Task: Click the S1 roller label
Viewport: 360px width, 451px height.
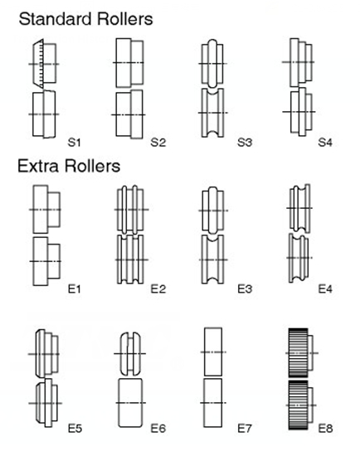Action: (x=74, y=143)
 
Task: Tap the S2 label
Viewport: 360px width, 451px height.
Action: (x=158, y=143)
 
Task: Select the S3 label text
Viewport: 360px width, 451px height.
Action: (x=245, y=143)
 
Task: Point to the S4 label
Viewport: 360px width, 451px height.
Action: (x=325, y=143)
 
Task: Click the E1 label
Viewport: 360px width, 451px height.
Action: (x=74, y=289)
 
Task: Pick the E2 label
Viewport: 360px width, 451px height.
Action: (x=158, y=289)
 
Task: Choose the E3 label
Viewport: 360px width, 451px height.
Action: (x=245, y=289)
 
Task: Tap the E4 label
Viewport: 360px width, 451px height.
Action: (x=325, y=289)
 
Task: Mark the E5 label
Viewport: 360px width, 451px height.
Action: (x=75, y=429)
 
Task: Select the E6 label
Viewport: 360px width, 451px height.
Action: (x=158, y=429)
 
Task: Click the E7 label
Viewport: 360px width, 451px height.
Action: (x=245, y=429)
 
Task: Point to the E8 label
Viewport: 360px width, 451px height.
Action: (x=325, y=429)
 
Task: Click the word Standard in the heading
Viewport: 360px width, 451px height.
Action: (x=56, y=19)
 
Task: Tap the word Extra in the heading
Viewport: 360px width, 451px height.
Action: (x=38, y=167)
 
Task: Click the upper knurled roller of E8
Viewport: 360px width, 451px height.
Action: (x=301, y=353)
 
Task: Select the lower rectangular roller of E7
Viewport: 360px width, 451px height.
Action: (x=213, y=403)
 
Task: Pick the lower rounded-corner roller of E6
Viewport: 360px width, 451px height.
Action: (x=130, y=403)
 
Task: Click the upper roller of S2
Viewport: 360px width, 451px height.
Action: (x=129, y=63)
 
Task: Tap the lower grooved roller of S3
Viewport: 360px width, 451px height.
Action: (x=212, y=113)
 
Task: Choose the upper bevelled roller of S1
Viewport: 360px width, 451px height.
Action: (x=45, y=64)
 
